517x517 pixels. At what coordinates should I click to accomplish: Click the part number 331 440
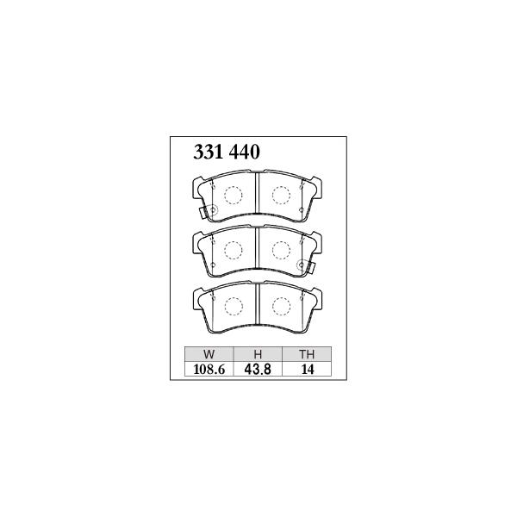point(227,153)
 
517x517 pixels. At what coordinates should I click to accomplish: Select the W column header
point(209,354)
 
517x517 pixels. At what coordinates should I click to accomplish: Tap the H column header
point(258,354)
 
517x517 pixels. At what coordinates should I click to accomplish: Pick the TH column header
point(307,354)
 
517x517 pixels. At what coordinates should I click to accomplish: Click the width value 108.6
point(209,370)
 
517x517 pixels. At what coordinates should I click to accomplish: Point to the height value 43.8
point(258,370)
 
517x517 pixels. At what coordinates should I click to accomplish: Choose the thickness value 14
point(308,370)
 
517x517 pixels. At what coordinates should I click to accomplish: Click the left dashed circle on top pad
point(234,196)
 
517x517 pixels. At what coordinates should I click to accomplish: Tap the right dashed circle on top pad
point(281,196)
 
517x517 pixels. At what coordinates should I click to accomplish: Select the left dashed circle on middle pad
point(234,250)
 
